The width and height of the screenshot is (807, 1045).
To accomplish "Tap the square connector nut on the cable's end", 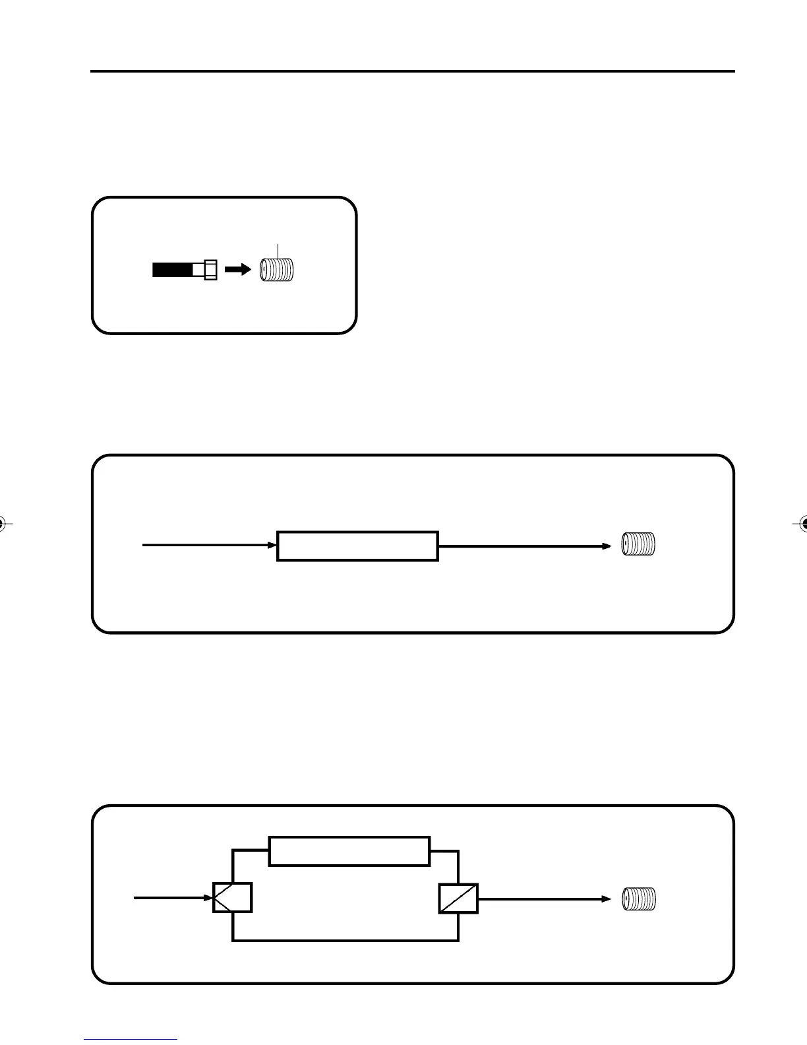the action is click(210, 270).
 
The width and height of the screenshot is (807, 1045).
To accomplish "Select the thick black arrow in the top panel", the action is click(237, 269).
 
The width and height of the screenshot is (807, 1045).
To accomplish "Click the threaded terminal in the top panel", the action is click(278, 270).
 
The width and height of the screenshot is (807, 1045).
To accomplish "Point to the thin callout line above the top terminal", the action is click(278, 251).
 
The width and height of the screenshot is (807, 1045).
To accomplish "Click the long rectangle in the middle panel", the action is click(357, 546).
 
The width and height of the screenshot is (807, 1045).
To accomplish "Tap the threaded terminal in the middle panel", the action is click(639, 545).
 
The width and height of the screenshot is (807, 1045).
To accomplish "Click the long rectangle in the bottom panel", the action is click(349, 851).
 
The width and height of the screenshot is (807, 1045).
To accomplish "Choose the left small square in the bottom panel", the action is click(232, 897).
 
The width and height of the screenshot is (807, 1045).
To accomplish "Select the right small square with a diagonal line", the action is click(458, 897).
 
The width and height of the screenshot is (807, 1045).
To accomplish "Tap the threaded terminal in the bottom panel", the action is click(640, 899).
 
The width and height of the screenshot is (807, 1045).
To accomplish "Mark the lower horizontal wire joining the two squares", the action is click(345, 940).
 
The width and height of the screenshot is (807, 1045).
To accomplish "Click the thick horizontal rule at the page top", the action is click(412, 71).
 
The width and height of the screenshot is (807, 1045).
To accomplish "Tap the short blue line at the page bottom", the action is click(131, 1039).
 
